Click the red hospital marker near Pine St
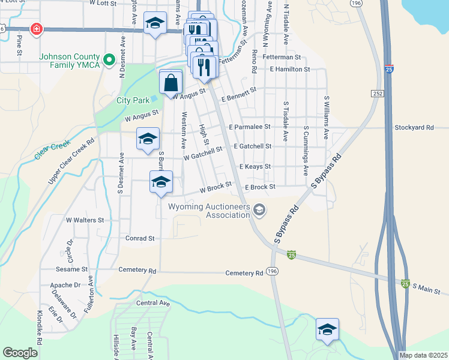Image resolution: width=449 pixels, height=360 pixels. point(37,29)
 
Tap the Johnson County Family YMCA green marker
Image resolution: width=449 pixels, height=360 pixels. point(109,59)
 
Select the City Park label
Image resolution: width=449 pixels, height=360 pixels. point(132,100)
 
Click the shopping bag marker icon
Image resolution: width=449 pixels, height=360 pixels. point(171,82)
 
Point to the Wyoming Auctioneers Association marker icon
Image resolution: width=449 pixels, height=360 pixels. point(259,209)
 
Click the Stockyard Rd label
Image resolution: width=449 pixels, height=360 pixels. point(414,127)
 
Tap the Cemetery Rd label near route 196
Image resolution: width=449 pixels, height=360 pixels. point(244,273)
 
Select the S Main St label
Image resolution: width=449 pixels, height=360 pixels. point(430,289)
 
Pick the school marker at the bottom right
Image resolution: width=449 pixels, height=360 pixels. point(327,330)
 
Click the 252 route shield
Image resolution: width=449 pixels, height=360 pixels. point(377,94)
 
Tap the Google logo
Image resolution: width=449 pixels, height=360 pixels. point(20,353)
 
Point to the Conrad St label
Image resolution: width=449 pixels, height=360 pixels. point(140,238)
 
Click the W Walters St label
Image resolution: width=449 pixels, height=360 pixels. point(85,220)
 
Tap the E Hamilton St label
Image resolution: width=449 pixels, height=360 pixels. point(289,70)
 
